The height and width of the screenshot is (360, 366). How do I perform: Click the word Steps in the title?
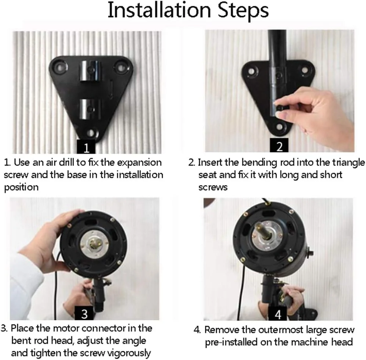pyautogui.click(x=243, y=11)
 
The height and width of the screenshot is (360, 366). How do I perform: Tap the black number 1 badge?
pyautogui.click(x=86, y=147)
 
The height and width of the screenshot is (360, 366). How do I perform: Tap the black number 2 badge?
pyautogui.click(x=279, y=145)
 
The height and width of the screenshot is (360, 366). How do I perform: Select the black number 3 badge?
pyautogui.click(x=84, y=313)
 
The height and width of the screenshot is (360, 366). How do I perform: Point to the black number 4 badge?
pyautogui.click(x=278, y=313)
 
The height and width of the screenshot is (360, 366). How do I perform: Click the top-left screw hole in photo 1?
pyautogui.click(x=60, y=68)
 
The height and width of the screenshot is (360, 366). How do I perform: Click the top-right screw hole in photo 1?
pyautogui.click(x=121, y=68)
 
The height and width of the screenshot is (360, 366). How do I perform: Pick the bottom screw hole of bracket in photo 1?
pyautogui.click(x=91, y=133)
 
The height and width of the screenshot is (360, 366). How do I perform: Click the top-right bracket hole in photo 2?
pyautogui.click(x=305, y=71)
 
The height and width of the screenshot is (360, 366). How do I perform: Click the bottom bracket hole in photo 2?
pyautogui.click(x=279, y=127)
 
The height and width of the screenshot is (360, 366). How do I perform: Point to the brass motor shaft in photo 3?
pyautogui.click(x=94, y=244)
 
